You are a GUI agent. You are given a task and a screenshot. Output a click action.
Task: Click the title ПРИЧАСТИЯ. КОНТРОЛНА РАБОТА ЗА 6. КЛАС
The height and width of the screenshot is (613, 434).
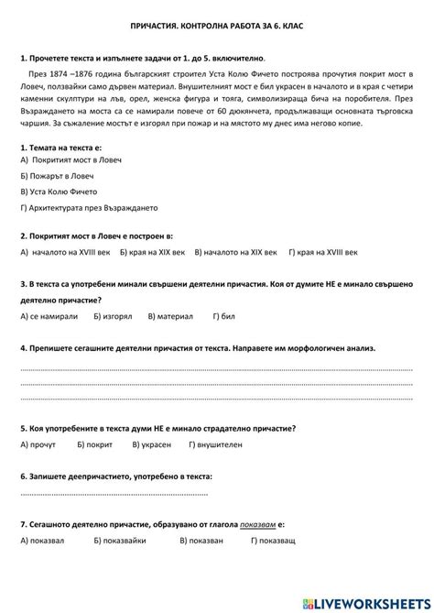[x=217, y=28]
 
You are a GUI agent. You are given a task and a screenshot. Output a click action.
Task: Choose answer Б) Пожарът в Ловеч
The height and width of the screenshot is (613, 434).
[x=56, y=175]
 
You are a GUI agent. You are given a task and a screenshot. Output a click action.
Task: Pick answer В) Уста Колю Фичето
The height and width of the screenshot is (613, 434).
[x=60, y=192]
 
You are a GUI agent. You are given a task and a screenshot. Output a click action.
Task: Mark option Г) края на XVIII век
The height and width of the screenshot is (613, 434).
[x=322, y=250]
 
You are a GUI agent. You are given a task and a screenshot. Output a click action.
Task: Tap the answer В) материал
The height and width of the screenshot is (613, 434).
[x=167, y=316]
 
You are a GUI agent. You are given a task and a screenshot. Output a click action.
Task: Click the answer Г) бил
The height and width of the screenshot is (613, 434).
[x=224, y=316]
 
